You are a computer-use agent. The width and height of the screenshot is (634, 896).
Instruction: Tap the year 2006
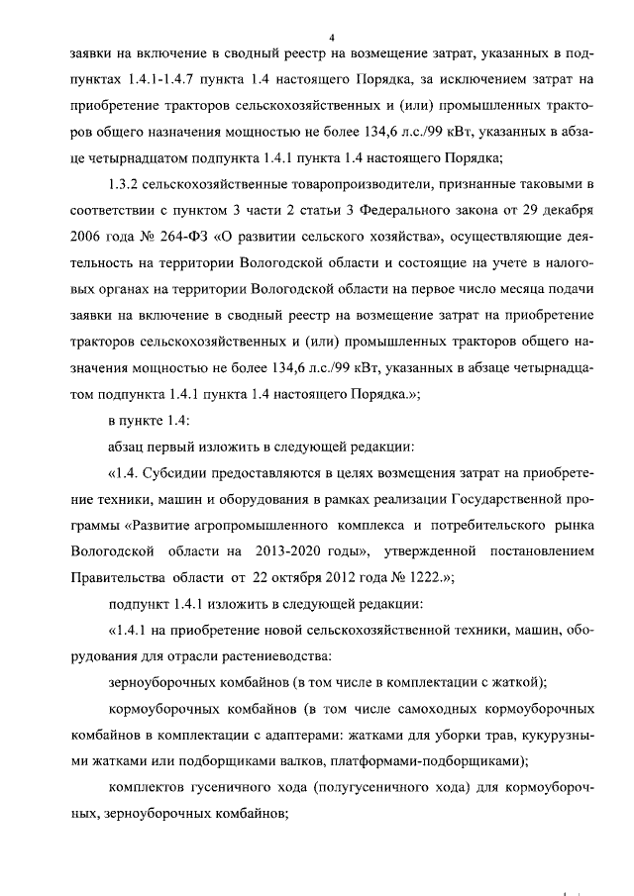pos(91,239)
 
